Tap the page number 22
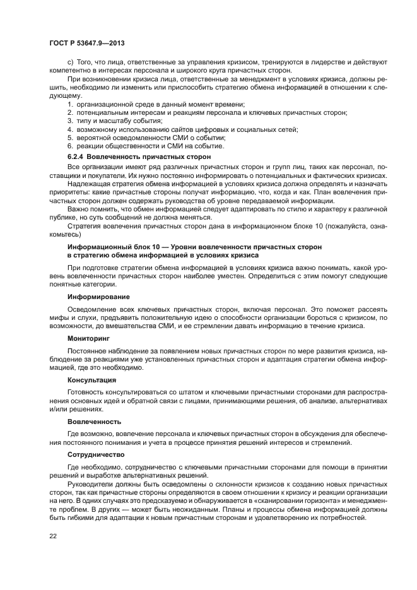click(x=52, y=535)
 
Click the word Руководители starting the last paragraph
click(x=88, y=483)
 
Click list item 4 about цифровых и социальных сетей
click(x=182, y=129)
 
